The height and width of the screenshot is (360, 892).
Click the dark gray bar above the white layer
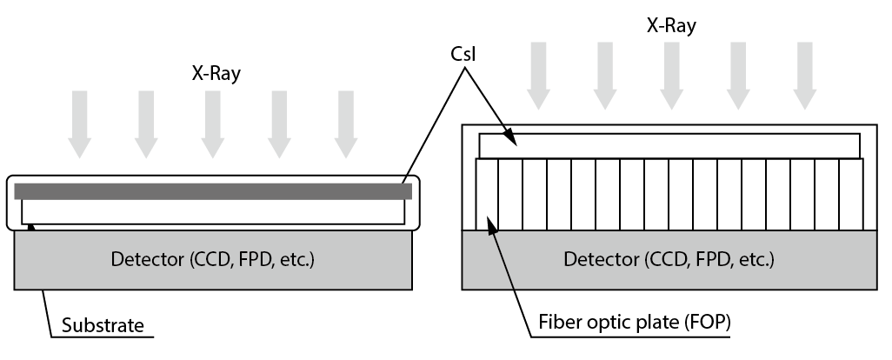point(213,191)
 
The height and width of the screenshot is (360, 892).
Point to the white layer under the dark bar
point(213,212)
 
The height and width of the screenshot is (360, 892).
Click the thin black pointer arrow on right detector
point(502,258)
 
